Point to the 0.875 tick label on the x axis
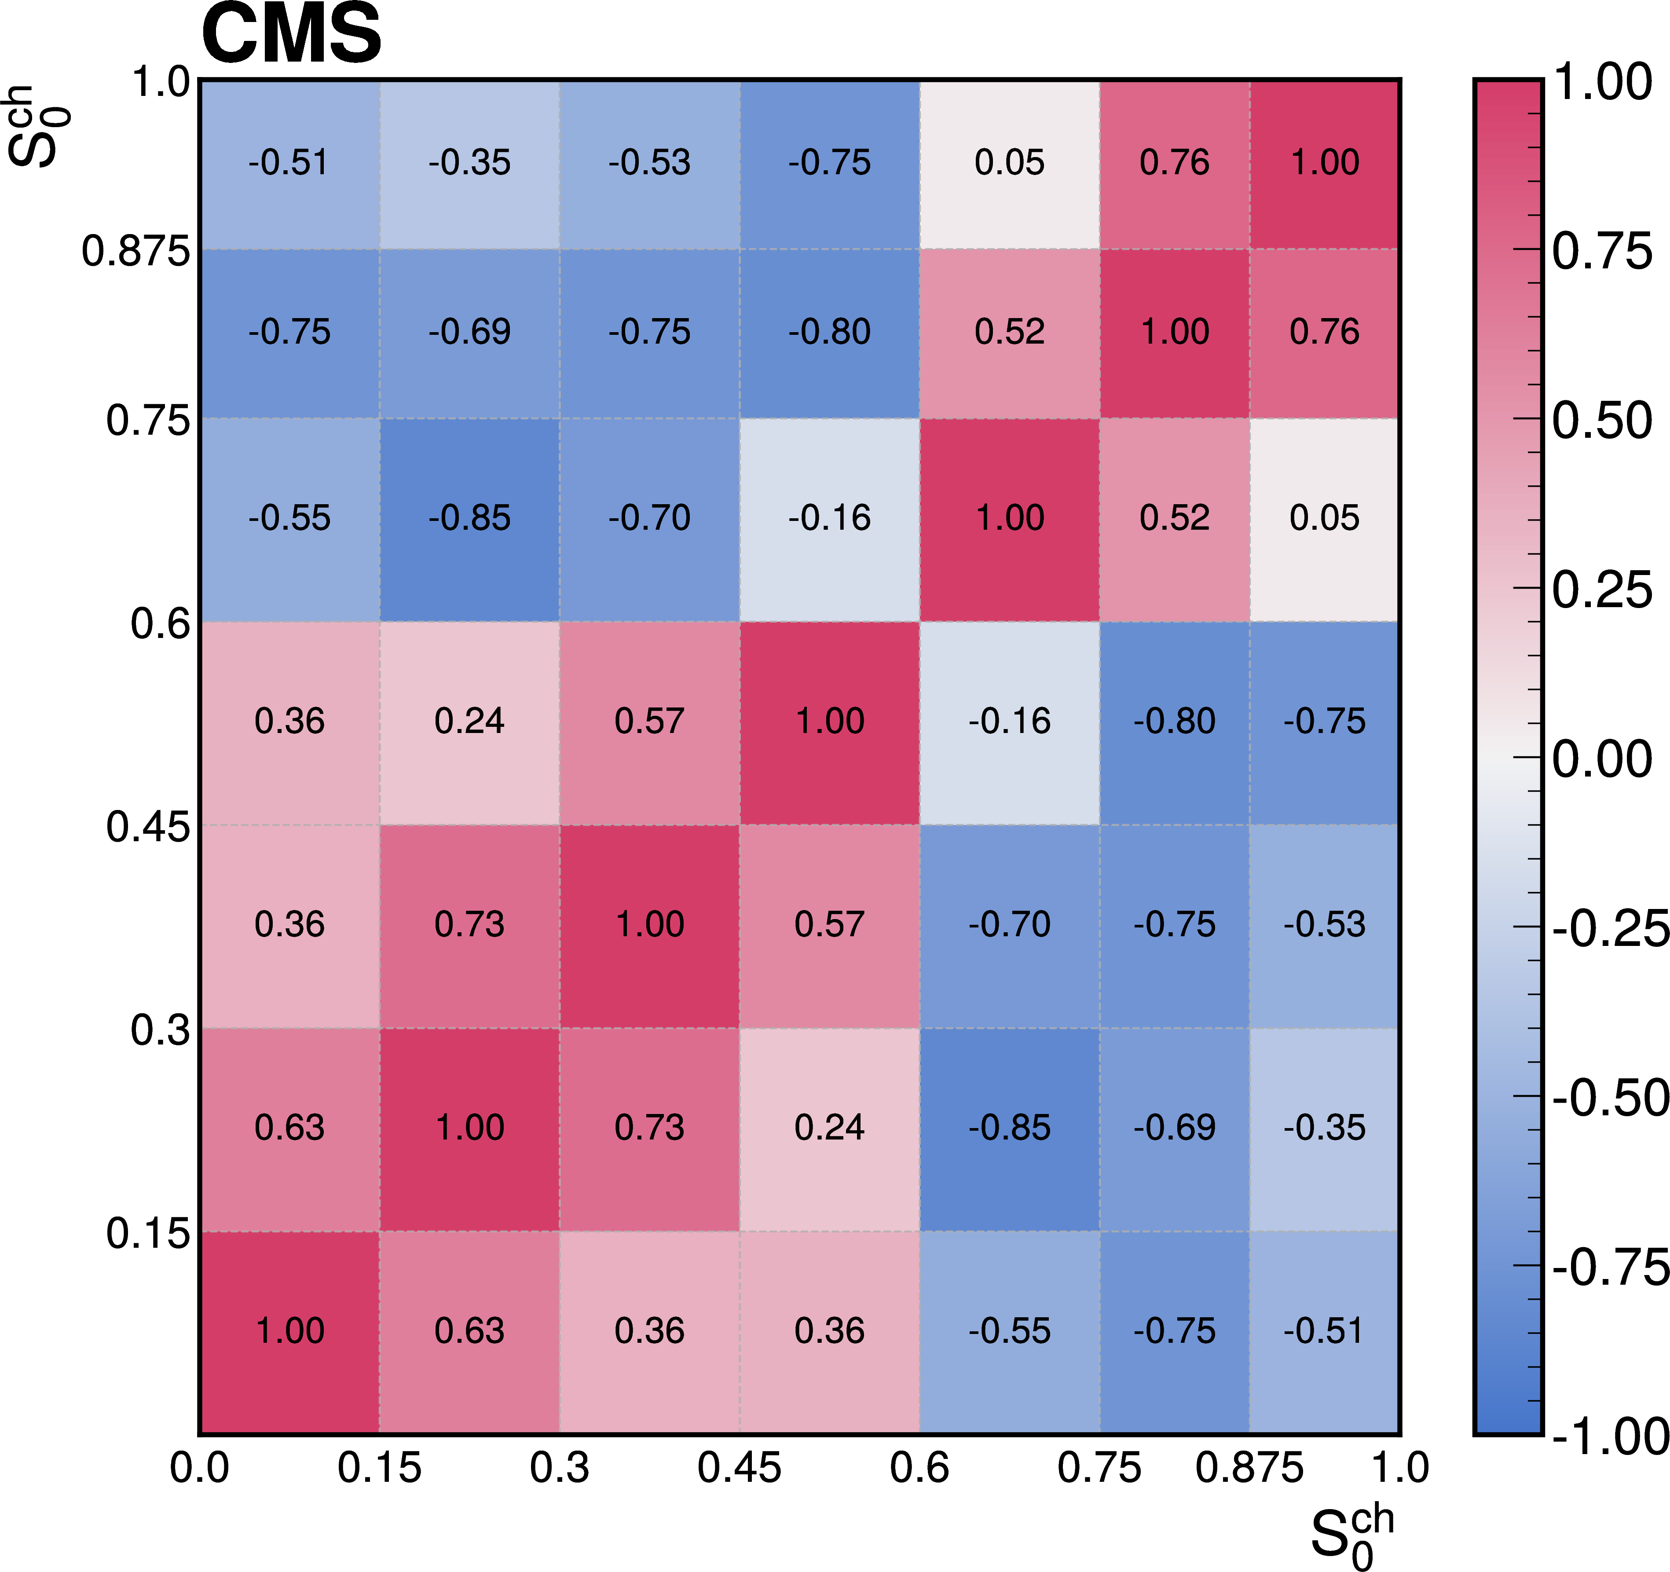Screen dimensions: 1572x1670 1249,1468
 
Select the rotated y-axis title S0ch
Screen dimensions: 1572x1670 38,126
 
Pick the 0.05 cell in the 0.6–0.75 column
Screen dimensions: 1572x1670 1010,163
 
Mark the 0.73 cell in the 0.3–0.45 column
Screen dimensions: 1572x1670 649,1128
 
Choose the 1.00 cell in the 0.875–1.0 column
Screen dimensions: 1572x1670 1325,163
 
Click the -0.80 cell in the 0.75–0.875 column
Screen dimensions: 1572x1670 1174,722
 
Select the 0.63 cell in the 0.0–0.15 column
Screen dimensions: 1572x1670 290,1128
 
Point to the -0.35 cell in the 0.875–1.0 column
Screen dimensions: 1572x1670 1325,1128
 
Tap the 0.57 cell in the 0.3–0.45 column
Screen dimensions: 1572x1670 649,722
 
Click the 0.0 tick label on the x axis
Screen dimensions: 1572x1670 199,1468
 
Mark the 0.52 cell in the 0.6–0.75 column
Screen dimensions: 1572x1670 1010,332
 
